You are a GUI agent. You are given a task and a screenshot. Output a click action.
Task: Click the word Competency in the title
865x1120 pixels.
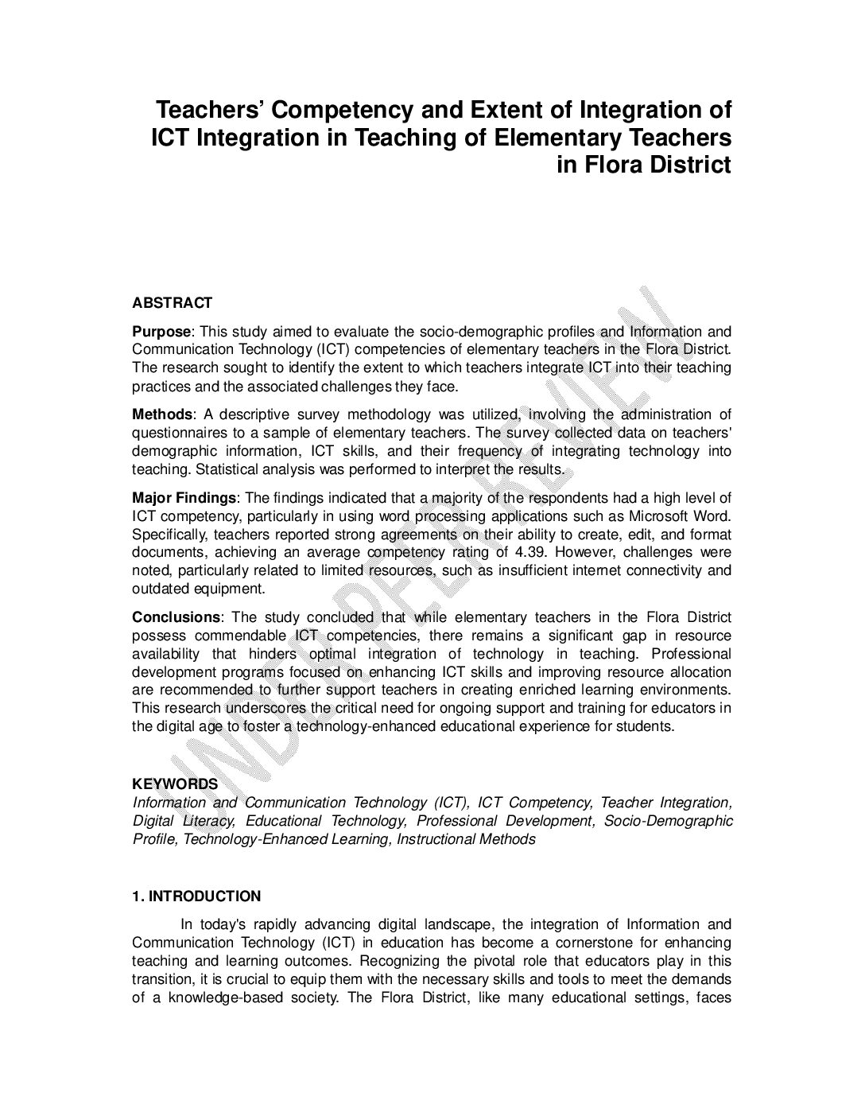pyautogui.click(x=343, y=110)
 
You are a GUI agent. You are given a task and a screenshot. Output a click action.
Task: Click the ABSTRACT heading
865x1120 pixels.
pyautogui.click(x=172, y=303)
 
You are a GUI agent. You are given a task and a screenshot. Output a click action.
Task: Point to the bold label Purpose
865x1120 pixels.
pyautogui.click(x=161, y=332)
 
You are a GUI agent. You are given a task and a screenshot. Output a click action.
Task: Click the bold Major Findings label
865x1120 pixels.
pyautogui.click(x=184, y=498)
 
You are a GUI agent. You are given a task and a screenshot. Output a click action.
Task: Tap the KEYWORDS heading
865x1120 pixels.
pyautogui.click(x=174, y=784)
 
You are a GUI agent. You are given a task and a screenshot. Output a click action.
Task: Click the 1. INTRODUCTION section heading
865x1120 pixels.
pyautogui.click(x=196, y=896)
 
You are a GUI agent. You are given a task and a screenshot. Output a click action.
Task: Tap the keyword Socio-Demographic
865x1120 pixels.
pyautogui.click(x=668, y=821)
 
